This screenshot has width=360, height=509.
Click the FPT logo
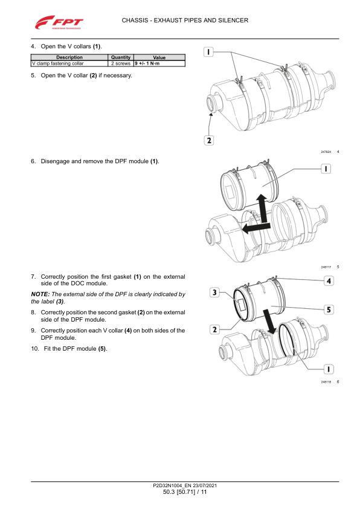pos(59,22)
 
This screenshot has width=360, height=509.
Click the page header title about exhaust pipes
pos(185,20)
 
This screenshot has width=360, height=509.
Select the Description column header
pos(69,57)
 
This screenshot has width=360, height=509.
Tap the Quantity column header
pos(121,57)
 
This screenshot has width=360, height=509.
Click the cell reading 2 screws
pos(121,63)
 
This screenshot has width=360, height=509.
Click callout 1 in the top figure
pos(208,51)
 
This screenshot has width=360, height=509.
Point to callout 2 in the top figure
pos(209,140)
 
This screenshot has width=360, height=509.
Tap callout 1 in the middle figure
pos(326,169)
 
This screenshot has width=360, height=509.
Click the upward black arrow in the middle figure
pos(262,209)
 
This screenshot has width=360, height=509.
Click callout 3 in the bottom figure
pos(214,293)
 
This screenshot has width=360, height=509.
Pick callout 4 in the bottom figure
pos(329,280)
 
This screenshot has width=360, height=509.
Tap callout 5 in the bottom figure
pos(329,310)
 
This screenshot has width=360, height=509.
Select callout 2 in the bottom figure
pos(214,329)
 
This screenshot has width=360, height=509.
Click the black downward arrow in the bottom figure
pos(269,322)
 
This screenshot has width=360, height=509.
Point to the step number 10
pos(35,349)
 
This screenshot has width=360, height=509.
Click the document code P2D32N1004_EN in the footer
pos(172,485)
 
